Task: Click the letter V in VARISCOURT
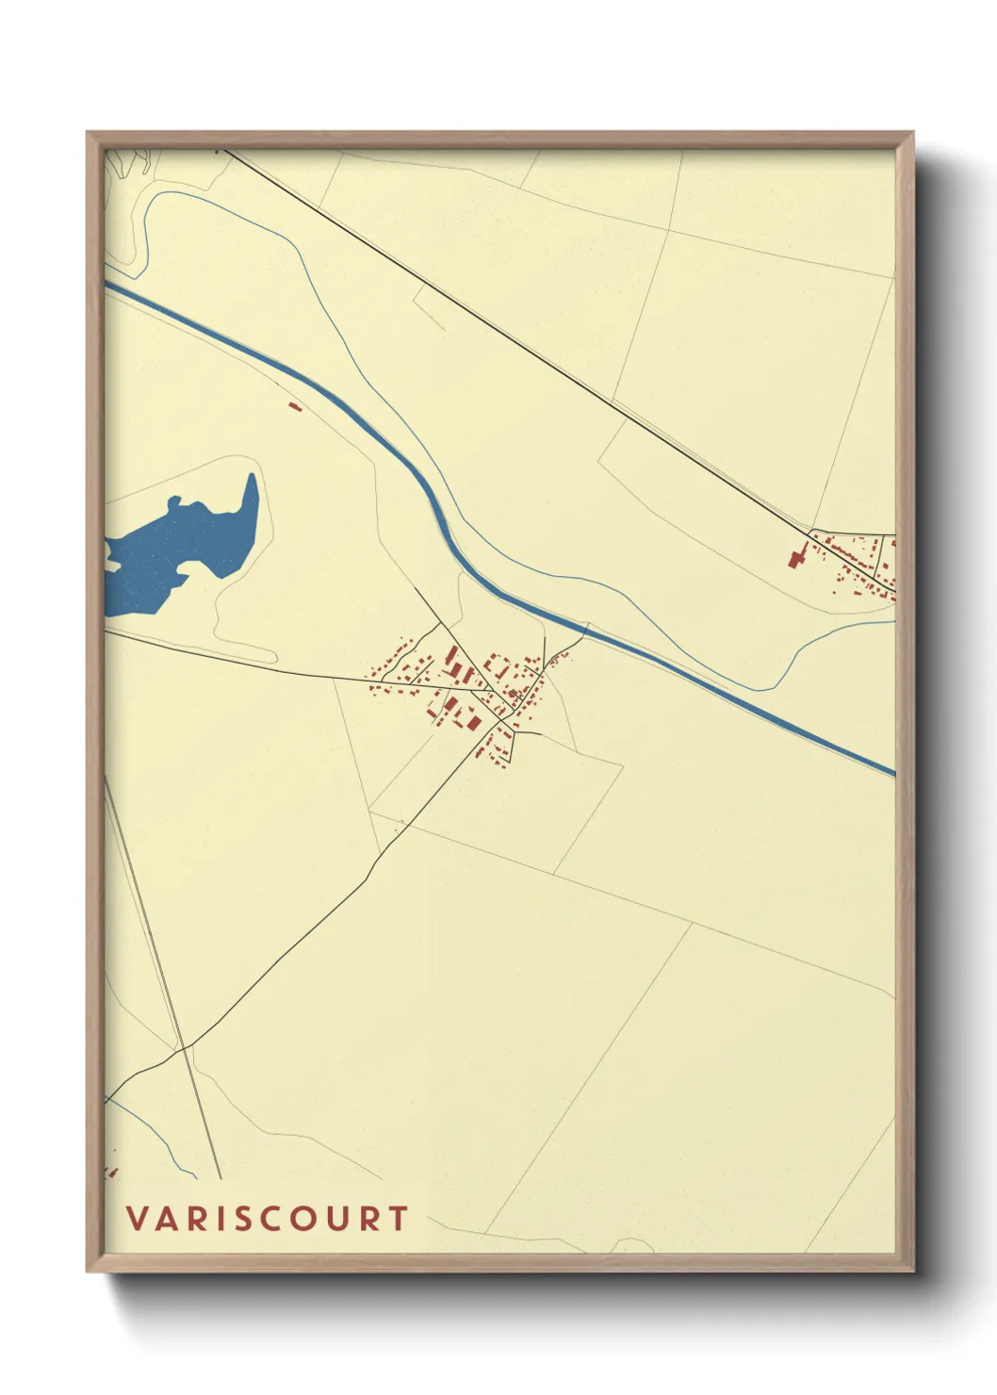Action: pyautogui.click(x=139, y=1219)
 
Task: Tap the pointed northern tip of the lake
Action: pyautogui.click(x=252, y=477)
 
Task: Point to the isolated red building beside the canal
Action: pyautogui.click(x=293, y=406)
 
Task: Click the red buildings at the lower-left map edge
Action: pyautogui.click(x=111, y=1172)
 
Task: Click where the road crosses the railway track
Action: pyautogui.click(x=186, y=1046)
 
